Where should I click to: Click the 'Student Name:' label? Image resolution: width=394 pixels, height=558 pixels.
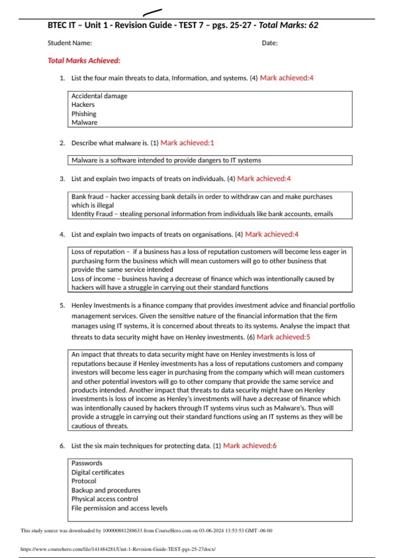tap(70, 43)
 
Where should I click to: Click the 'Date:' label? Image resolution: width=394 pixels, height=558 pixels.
tap(270, 43)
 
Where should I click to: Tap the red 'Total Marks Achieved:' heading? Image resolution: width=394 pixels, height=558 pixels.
tap(84, 61)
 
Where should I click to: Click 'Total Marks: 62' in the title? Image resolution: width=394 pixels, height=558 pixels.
tap(288, 25)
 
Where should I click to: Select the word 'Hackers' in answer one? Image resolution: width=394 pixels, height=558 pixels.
tap(83, 105)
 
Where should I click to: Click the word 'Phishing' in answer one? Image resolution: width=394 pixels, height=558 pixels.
tap(84, 114)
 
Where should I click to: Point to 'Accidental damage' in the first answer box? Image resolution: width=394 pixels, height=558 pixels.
tap(99, 96)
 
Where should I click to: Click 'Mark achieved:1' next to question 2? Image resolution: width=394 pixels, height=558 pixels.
tap(187, 143)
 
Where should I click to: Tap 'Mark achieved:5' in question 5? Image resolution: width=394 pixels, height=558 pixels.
tap(283, 337)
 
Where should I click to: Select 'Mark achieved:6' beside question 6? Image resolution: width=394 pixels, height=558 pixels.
tap(250, 446)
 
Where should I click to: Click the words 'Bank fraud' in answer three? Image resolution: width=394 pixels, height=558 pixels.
tap(87, 197)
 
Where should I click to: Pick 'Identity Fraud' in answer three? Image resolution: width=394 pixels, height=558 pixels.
tap(92, 214)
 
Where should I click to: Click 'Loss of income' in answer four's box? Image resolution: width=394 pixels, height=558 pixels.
tap(93, 279)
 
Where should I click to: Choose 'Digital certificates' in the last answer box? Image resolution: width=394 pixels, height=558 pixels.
tap(98, 472)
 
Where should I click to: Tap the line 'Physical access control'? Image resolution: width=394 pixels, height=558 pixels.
tap(105, 499)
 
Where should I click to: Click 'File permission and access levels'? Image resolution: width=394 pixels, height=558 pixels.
tap(120, 508)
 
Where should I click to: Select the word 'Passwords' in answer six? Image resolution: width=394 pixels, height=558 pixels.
tap(87, 463)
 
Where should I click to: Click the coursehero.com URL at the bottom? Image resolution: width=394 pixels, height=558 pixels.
tap(118, 549)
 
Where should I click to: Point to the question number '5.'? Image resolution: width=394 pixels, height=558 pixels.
tap(62, 306)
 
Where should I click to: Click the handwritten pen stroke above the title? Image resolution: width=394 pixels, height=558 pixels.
tap(153, 12)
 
